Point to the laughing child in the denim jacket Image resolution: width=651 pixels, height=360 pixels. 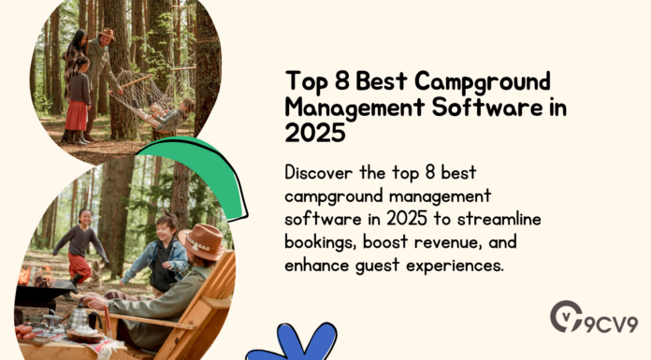[x=166, y=252]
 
